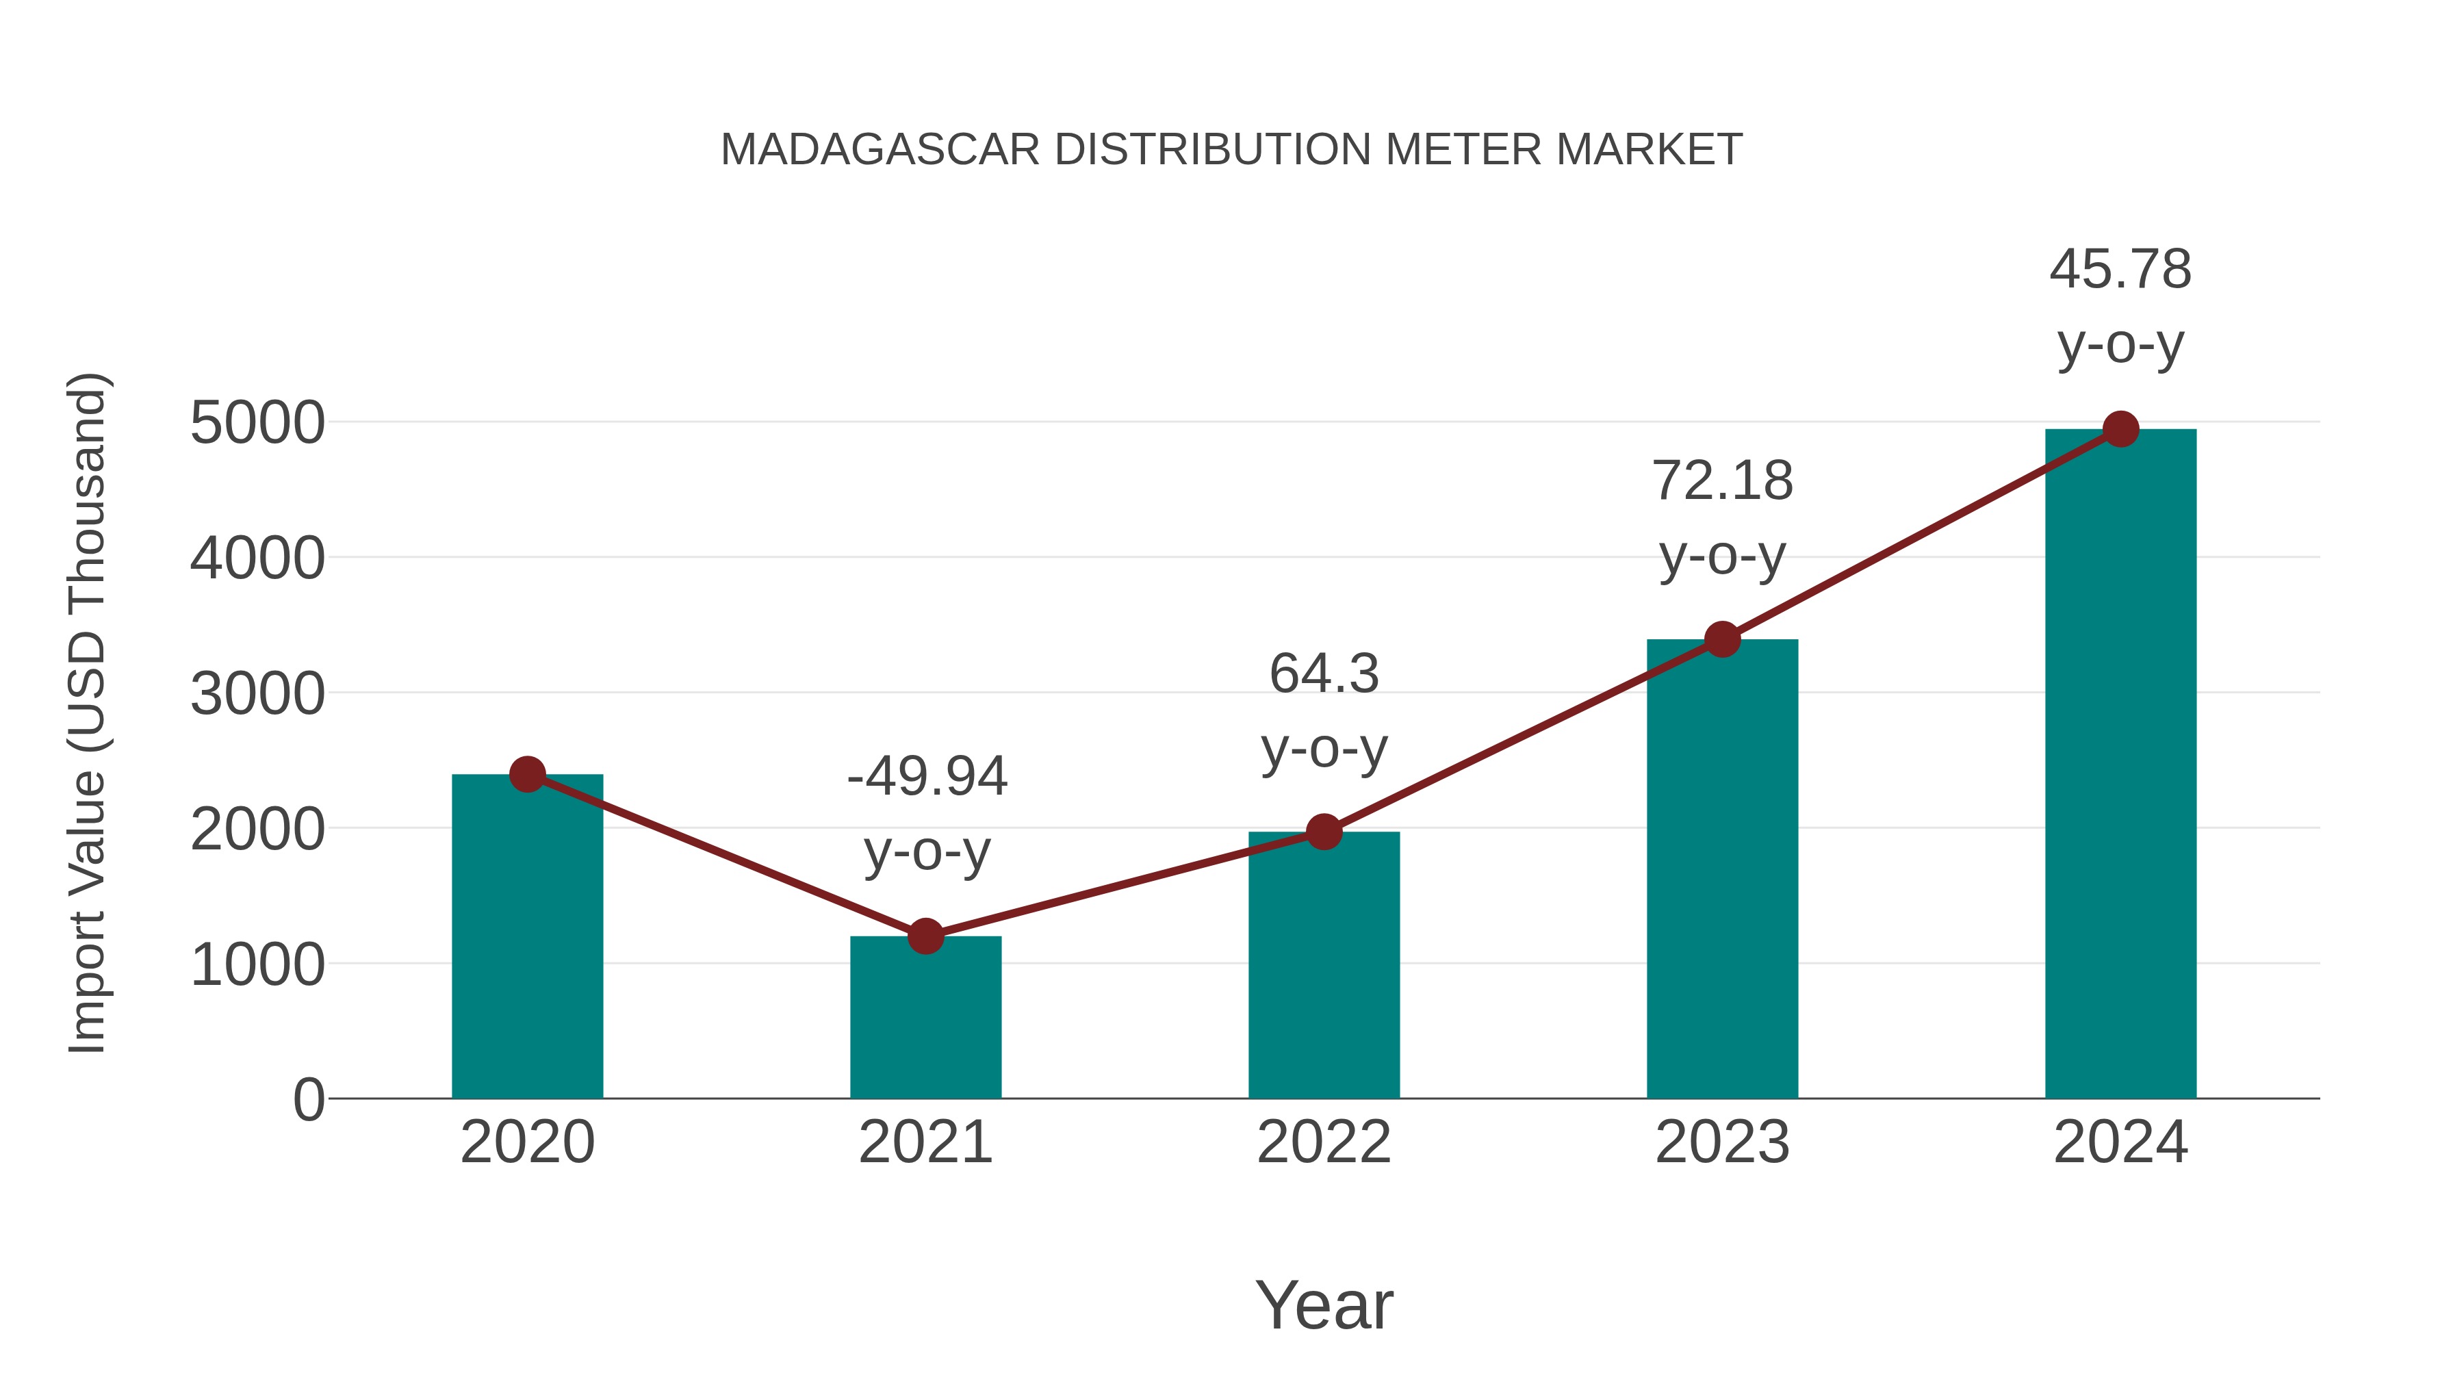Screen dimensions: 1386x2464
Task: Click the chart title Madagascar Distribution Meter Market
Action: coord(1231,150)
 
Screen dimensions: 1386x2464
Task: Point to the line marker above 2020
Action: coord(527,774)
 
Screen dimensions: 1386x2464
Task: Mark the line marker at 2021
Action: coord(925,936)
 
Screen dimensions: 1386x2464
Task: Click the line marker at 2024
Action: coord(2120,429)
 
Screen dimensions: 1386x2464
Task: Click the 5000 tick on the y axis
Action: coord(257,423)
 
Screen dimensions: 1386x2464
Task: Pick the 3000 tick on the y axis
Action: coord(257,693)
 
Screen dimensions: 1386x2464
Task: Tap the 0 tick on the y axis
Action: coord(308,1099)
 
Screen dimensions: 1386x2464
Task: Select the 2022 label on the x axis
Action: coord(1324,1142)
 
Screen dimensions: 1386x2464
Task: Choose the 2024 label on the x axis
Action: coord(2120,1142)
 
